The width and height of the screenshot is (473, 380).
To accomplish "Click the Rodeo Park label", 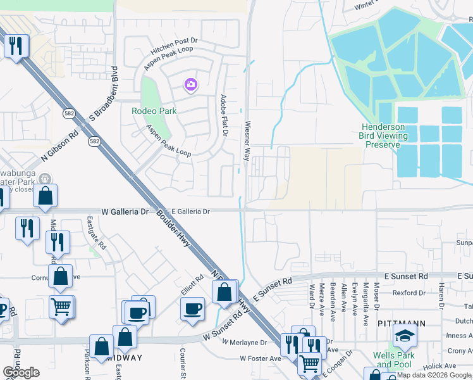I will (154, 111).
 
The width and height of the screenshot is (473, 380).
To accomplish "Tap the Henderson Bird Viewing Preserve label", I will (382, 136).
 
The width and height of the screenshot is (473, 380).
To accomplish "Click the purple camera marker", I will (190, 84).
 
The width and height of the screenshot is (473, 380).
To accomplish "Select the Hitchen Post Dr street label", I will (175, 42).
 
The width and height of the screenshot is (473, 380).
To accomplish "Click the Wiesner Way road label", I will (247, 141).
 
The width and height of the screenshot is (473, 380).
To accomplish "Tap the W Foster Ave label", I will (260, 358).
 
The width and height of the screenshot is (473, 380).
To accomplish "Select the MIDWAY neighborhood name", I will (124, 358).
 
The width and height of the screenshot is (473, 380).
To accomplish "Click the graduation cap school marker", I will (405, 336).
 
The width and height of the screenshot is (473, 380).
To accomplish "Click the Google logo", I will (21, 372).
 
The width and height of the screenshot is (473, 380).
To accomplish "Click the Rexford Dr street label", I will (409, 293).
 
